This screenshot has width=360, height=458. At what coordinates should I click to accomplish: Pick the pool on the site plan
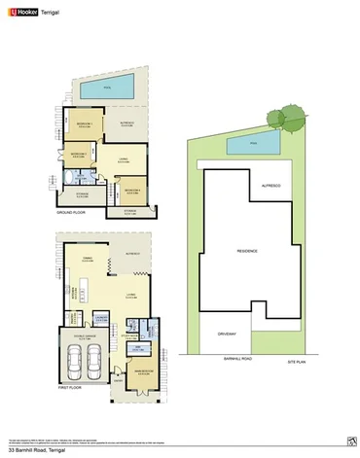(253, 145)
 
